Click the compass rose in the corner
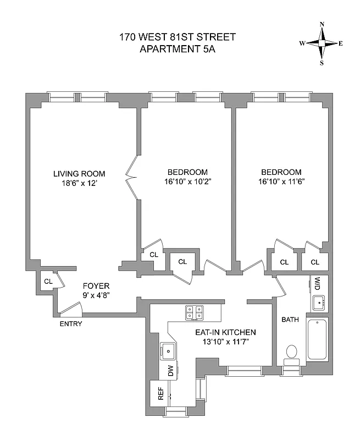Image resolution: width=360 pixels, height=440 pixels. [322, 43]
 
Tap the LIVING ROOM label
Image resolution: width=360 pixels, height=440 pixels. [79, 174]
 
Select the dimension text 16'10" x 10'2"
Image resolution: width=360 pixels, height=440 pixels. [187, 181]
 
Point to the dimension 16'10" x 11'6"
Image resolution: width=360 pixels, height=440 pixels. [281, 181]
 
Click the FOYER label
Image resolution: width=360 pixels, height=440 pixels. [96, 286]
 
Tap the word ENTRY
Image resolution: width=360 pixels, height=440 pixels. [71, 324]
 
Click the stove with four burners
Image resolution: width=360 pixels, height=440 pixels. [193, 313]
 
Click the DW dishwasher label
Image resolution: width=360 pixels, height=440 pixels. [170, 372]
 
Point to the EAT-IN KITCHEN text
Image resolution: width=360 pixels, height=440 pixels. [226, 333]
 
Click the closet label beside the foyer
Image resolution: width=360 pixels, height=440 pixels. [48, 282]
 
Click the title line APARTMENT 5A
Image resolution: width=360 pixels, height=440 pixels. [178, 48]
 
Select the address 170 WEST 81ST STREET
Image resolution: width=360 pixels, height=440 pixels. [178, 37]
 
